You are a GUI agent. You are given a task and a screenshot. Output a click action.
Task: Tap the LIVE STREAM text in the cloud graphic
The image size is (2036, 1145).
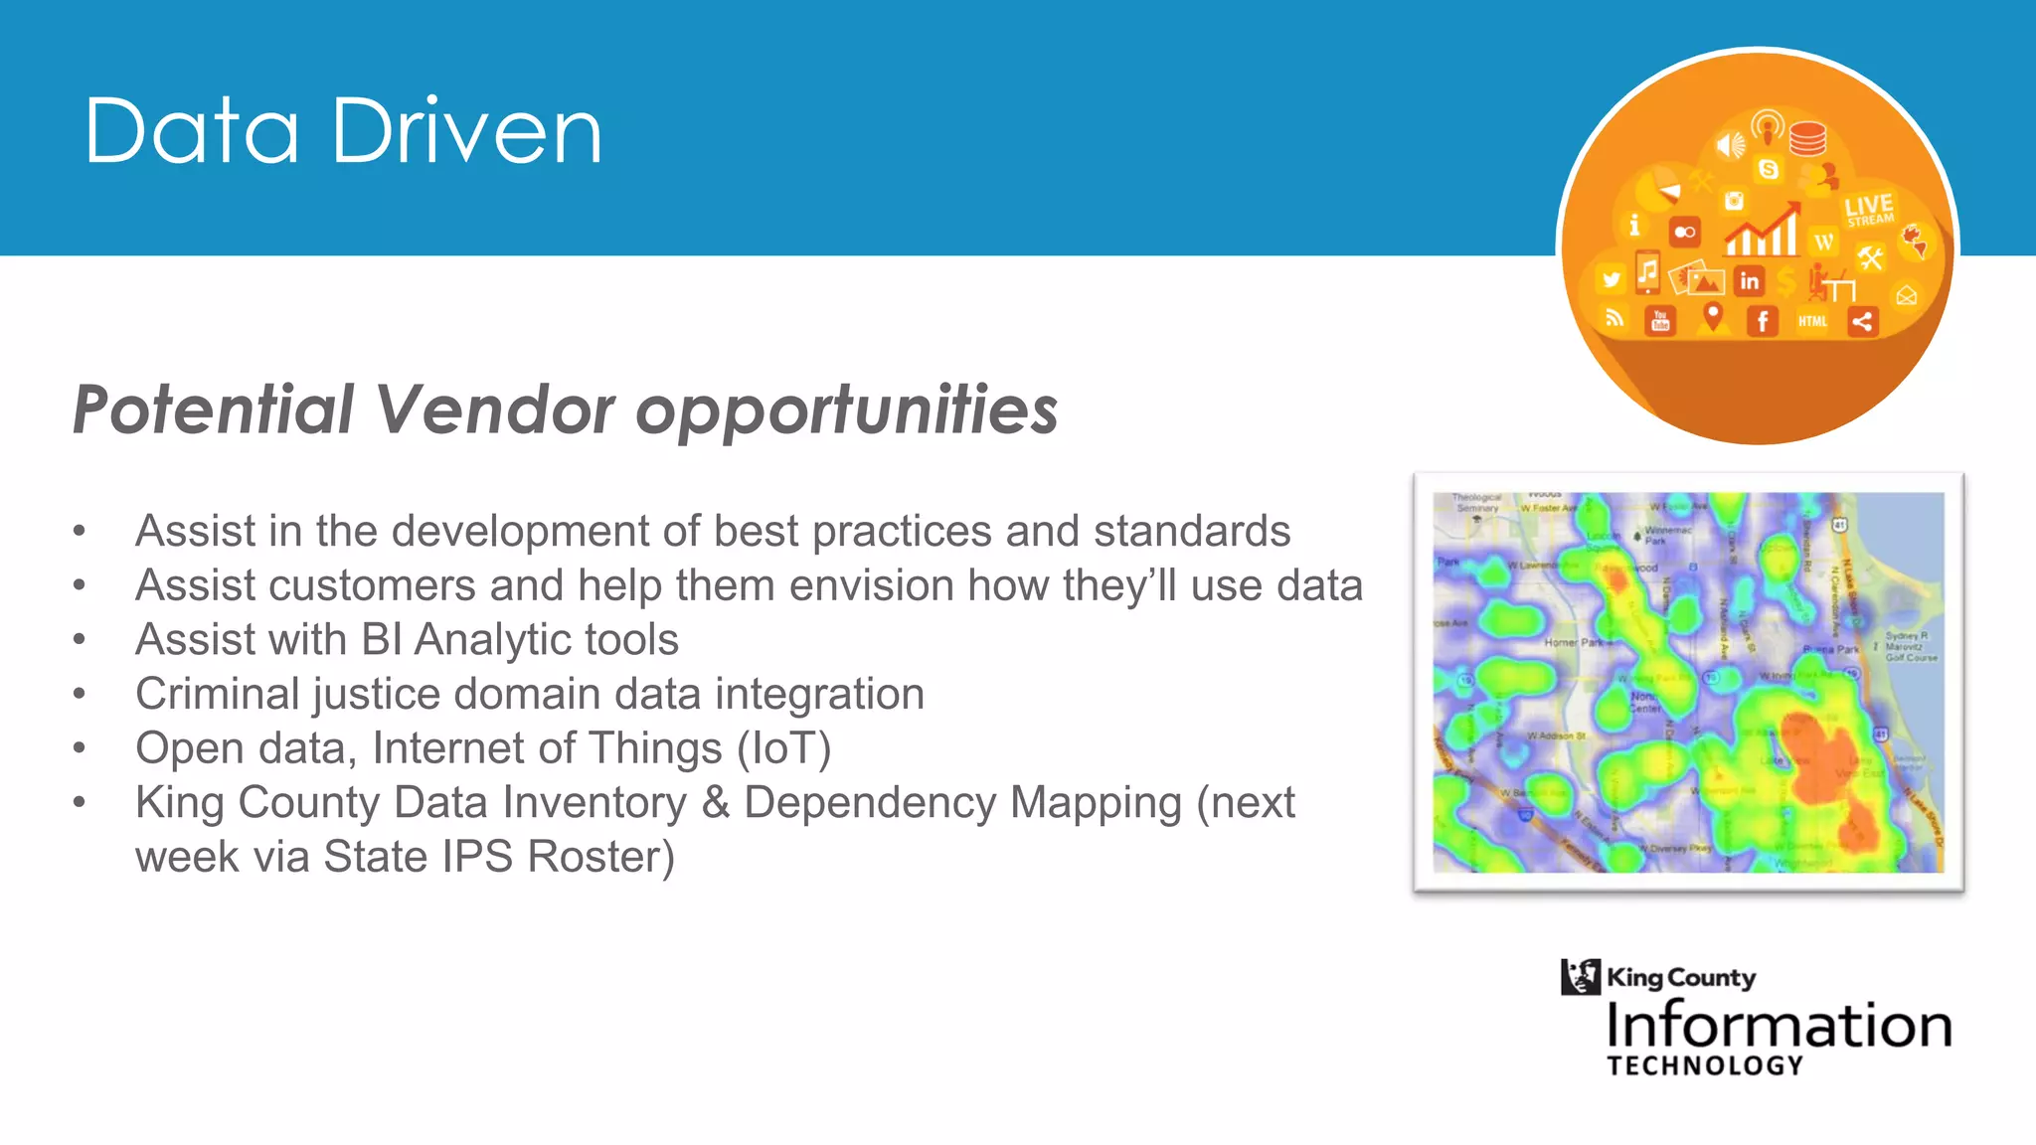(1869, 210)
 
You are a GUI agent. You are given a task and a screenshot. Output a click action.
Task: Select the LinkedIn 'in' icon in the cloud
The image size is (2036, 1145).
(1749, 281)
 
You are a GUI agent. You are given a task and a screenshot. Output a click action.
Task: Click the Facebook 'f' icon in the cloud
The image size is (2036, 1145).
(1763, 321)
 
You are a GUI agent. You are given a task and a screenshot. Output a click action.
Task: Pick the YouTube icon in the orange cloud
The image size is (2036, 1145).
(1660, 320)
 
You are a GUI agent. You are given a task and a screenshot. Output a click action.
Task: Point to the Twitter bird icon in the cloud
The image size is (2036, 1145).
(1611, 280)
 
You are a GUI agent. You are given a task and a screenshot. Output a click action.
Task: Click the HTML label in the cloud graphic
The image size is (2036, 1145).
(1812, 321)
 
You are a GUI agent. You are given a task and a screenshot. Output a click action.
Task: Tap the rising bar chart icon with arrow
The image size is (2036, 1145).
(1763, 231)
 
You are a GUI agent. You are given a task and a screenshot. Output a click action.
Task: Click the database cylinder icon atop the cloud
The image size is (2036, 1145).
(1807, 138)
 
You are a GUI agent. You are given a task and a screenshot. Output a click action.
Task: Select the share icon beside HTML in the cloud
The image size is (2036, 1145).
(1862, 321)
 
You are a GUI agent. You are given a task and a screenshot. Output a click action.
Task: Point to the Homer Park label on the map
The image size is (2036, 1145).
(1574, 643)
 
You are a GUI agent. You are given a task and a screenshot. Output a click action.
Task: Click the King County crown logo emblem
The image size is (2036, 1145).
(1580, 976)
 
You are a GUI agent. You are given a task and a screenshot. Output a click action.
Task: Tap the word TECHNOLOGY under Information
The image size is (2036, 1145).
(1704, 1065)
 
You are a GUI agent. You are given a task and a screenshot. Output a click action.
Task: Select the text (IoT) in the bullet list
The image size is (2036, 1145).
(783, 748)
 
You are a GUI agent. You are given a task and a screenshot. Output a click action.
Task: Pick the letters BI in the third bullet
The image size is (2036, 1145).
(382, 640)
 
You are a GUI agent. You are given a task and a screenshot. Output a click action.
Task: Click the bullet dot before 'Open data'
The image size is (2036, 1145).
(80, 747)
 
